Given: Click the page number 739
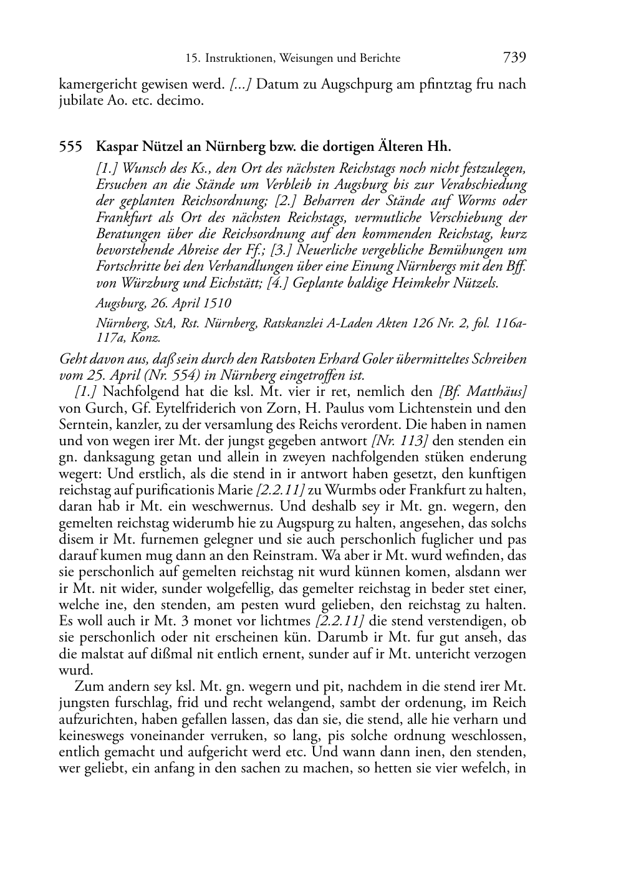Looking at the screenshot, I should [x=514, y=58].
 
